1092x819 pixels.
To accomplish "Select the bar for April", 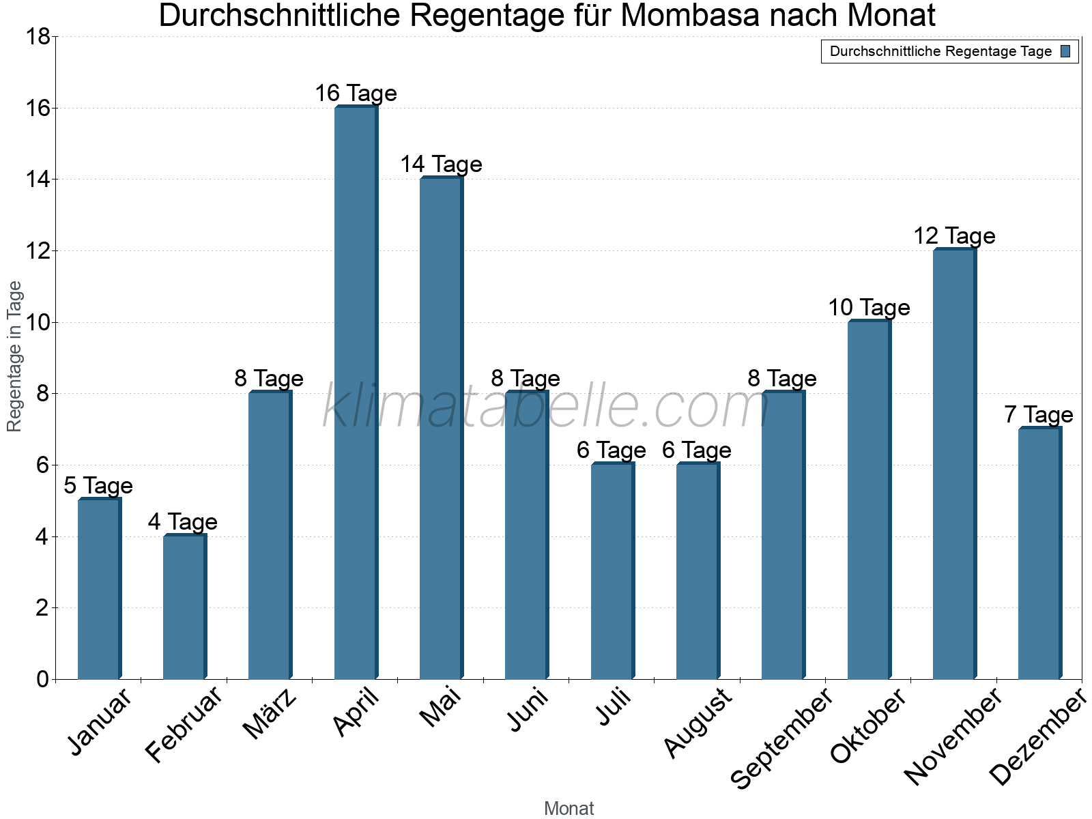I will point(356,392).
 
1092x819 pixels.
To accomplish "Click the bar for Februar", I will point(184,607).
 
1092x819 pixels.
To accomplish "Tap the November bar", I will point(954,464).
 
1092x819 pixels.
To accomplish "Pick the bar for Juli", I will point(612,571).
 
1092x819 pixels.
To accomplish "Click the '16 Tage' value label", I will point(356,94).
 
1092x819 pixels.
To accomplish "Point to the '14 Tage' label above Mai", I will point(441,164).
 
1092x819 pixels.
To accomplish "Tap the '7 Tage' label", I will point(1039,415).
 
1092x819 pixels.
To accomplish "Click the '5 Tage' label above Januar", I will point(98,486).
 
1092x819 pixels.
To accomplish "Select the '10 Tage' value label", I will point(869,308).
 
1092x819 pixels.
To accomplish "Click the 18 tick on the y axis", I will point(37,37).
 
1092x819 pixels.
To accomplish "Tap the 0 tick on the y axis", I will point(42,679).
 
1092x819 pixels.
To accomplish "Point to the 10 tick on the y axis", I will point(37,322).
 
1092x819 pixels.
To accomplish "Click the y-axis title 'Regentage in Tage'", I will point(15,356).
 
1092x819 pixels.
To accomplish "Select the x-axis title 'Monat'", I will point(569,808).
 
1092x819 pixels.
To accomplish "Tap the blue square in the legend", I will point(1066,51).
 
